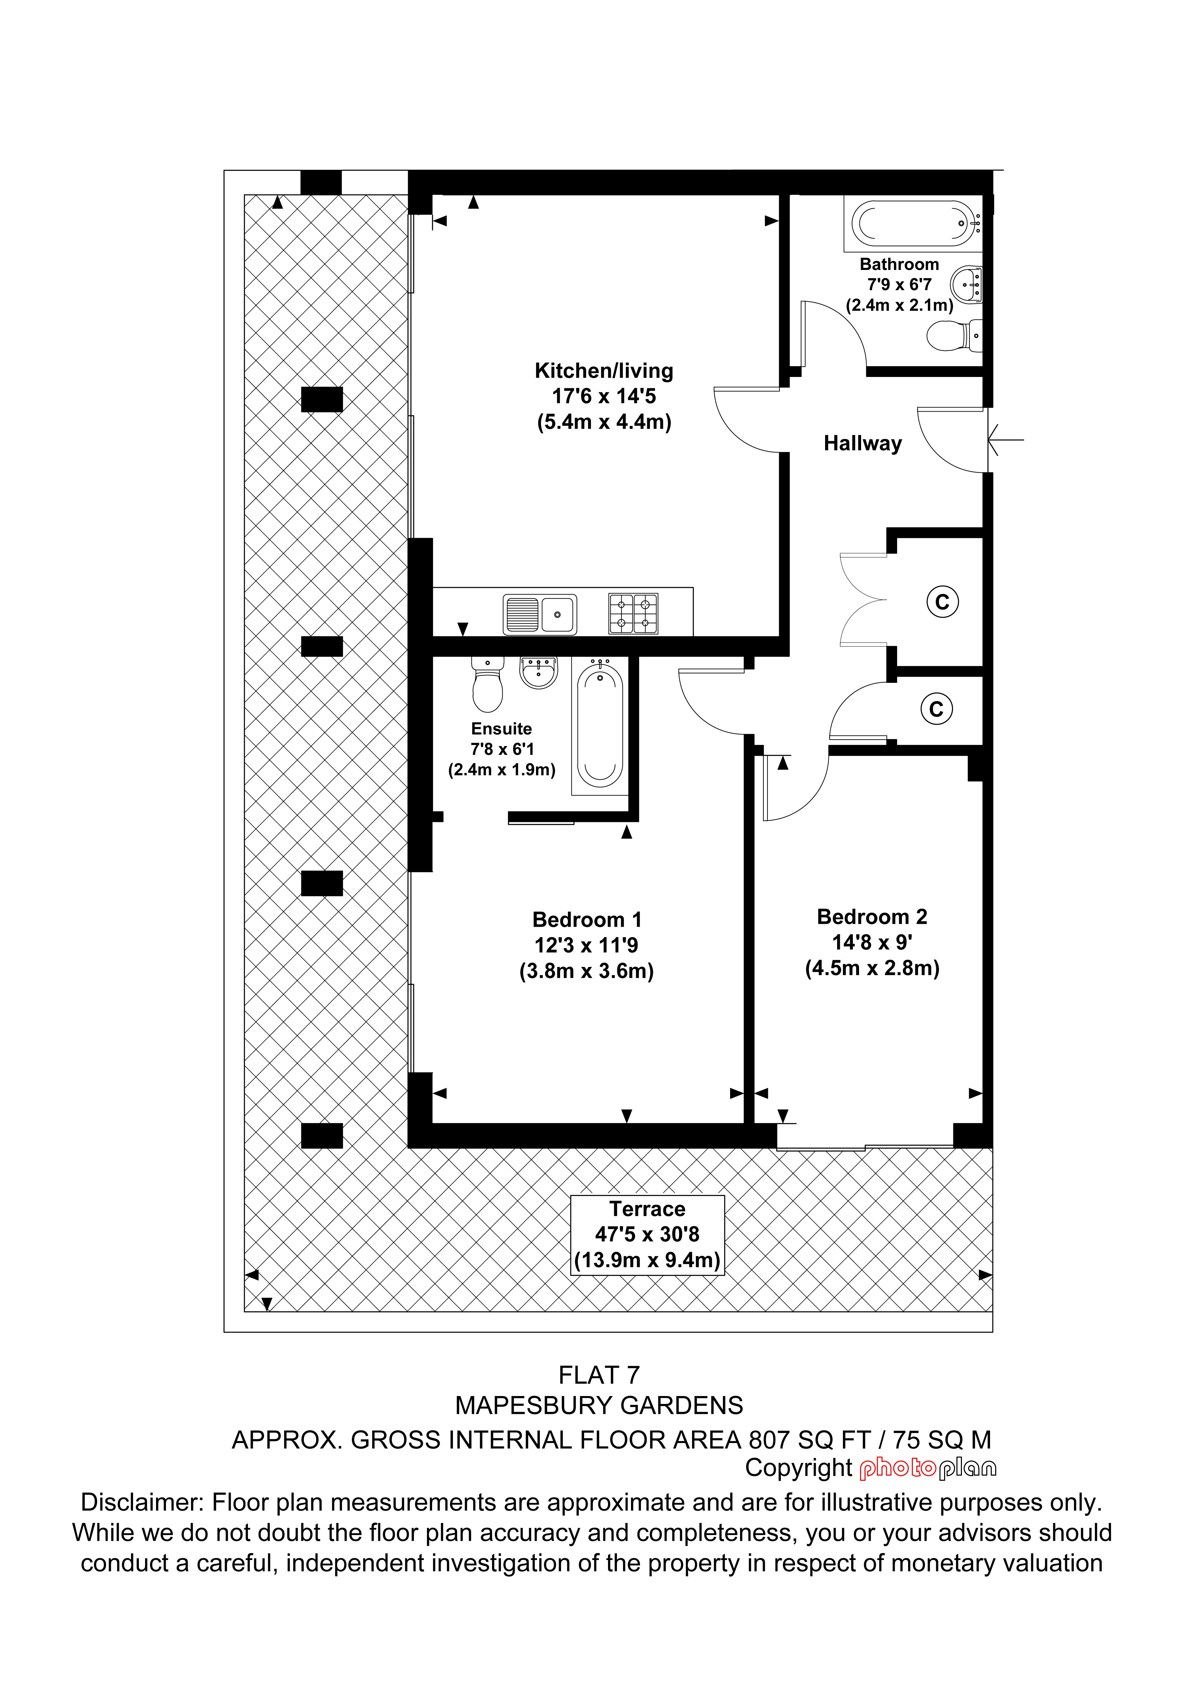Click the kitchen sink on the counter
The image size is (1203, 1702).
click(x=540, y=615)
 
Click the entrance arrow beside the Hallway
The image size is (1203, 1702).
click(x=1006, y=440)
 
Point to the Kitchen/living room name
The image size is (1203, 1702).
click(x=604, y=371)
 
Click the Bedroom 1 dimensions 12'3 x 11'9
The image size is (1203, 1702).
click(x=586, y=945)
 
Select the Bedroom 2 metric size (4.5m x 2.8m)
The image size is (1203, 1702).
click(x=872, y=968)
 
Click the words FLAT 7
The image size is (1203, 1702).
click(x=599, y=1375)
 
